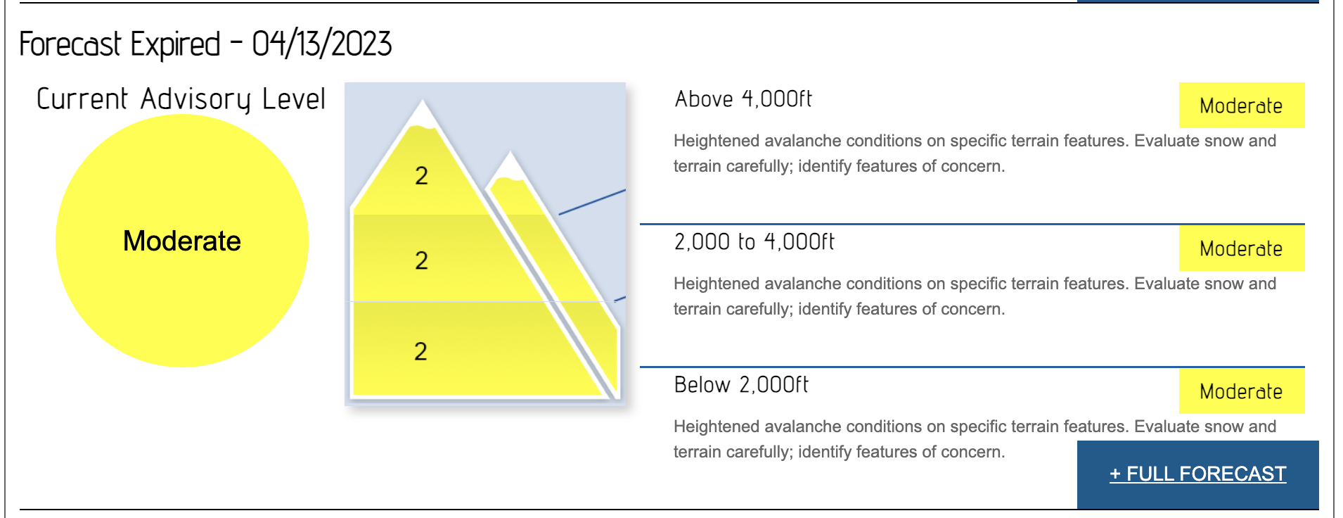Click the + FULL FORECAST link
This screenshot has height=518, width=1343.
(x=1197, y=474)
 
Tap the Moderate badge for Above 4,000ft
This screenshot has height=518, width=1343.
(x=1242, y=106)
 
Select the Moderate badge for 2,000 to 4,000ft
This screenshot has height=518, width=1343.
(x=1242, y=248)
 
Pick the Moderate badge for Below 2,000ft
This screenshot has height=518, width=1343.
(x=1242, y=391)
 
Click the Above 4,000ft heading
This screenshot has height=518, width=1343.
(x=743, y=99)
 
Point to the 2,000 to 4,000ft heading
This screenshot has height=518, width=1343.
(x=754, y=242)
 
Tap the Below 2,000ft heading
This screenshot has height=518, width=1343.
(x=741, y=385)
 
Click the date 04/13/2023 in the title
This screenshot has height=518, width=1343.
(x=322, y=44)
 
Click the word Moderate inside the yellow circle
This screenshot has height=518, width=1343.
(x=182, y=241)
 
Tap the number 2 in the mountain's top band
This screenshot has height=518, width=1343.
(x=421, y=175)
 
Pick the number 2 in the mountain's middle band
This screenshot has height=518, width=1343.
(x=421, y=260)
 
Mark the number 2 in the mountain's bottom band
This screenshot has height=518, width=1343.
(x=420, y=351)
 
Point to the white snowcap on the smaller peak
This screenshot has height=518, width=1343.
(x=510, y=168)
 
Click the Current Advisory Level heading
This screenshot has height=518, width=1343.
(x=181, y=99)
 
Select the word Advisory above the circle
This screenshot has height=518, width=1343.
(x=195, y=99)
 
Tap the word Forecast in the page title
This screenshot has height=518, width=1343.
(x=71, y=44)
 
